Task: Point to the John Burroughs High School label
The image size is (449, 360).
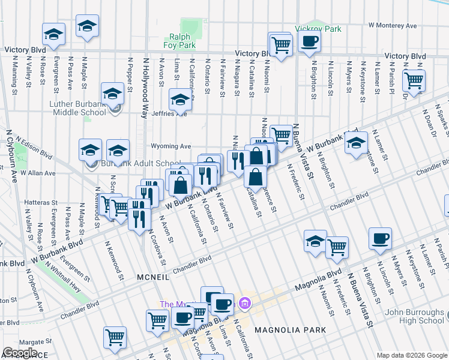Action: pos(414,316)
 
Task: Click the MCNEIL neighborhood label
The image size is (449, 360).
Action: pos(153,277)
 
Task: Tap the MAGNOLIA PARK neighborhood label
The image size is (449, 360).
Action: pos(290,330)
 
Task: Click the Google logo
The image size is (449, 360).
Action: pos(20,353)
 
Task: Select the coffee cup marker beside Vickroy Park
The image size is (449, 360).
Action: pos(310,41)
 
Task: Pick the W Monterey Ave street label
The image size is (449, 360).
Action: pos(393,26)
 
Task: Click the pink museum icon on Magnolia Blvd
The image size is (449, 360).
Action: pos(244,302)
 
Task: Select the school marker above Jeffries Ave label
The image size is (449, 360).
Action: pos(179,99)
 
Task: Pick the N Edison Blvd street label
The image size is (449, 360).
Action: pos(35,146)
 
